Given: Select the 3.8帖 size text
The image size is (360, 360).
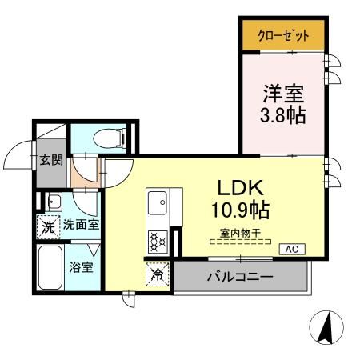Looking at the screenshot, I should coord(282,114).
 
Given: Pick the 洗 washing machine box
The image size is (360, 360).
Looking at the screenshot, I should coord(49,226).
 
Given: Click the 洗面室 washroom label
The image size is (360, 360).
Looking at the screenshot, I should coord(82,226).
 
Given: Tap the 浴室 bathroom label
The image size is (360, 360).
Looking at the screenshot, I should coord(82,266).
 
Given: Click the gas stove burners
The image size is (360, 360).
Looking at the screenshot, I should coord(157,238).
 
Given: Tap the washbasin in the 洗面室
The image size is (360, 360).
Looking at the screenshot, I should coord(54,201).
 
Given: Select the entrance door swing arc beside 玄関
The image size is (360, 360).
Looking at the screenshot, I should coord(18,158).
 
